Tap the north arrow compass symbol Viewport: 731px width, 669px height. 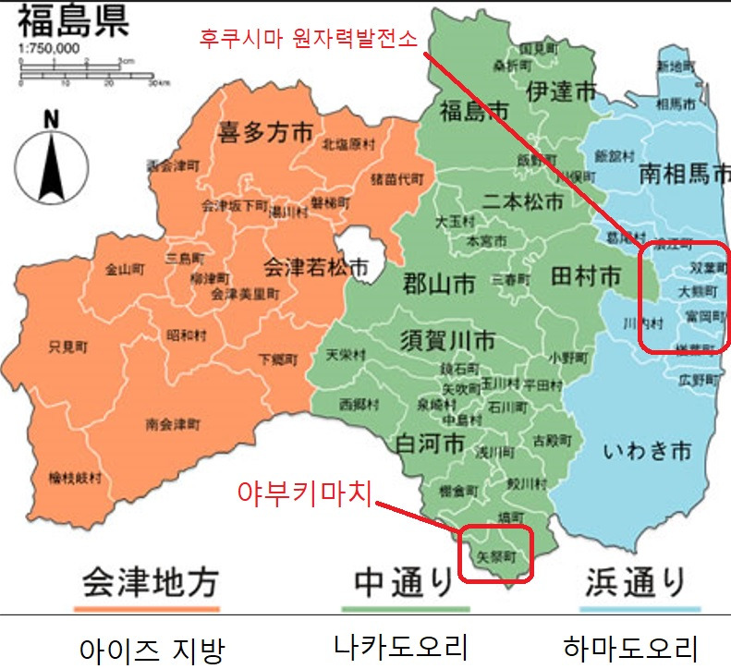(51, 154)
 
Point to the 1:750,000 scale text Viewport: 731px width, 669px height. (48, 48)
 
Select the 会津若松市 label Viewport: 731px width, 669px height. (316, 267)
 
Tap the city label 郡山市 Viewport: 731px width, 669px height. (439, 283)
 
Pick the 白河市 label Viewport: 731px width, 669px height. (429, 443)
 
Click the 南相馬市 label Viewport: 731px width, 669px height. (684, 173)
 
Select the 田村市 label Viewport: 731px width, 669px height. (585, 275)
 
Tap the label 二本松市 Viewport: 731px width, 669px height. (523, 201)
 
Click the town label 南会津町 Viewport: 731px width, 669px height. (172, 425)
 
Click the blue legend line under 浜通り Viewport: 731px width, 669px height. (640, 609)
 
